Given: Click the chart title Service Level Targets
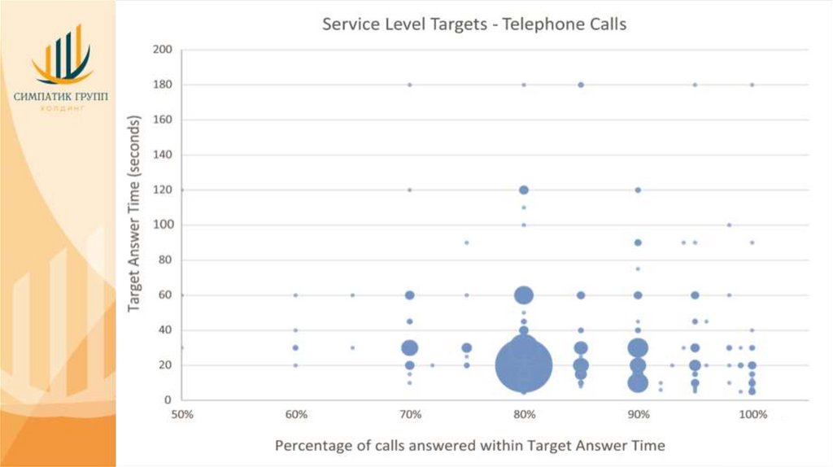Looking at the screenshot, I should pos(474,24).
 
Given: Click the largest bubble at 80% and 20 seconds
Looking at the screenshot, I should pos(524,365).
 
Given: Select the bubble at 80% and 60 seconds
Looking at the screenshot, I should pos(524,295).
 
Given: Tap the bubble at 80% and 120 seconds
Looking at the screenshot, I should pos(524,190).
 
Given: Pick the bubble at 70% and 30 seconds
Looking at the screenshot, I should pos(410,347).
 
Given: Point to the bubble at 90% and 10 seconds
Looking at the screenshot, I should pos(638,382).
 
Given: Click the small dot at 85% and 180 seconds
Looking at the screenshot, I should pos(581,85).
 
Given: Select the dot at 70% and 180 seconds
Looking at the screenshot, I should pos(410,85).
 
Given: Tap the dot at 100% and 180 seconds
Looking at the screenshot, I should pos(752,85).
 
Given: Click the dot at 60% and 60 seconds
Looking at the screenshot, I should pos(295,295).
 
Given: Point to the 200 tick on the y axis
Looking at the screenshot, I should pos(163,50).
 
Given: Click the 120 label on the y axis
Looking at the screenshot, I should pos(163,190).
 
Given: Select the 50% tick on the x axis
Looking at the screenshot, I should pos(181,415).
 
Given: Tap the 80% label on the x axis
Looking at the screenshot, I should pos(525,415).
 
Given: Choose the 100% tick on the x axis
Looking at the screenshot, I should pos(753,415).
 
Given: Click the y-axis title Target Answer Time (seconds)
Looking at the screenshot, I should pos(135,215).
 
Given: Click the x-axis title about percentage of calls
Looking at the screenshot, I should pos(469,445).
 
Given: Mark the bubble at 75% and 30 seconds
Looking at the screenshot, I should pos(467,347).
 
